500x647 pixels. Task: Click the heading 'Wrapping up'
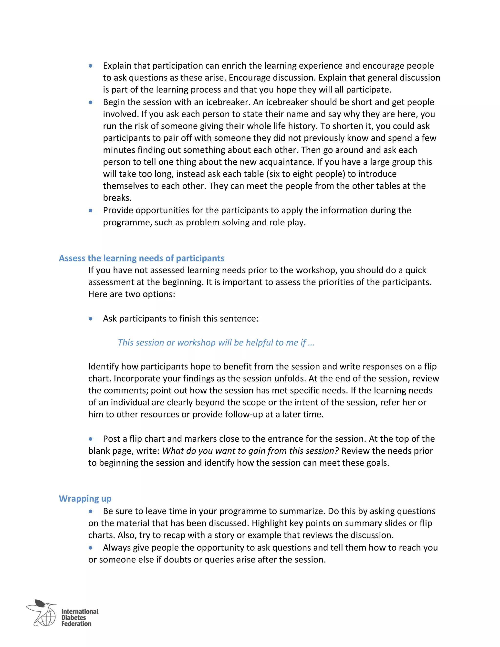(85, 499)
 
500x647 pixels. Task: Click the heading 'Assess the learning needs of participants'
(141, 258)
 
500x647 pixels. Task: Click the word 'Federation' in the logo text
(76, 624)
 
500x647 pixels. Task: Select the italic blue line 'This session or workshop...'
(216, 343)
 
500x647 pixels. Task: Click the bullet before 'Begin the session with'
(91, 103)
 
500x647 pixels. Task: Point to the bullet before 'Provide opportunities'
(91, 211)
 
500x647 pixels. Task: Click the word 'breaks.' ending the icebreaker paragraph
(117, 198)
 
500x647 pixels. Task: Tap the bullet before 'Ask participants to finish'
(91, 319)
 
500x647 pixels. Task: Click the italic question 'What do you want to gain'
(250, 451)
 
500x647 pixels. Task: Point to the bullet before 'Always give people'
(91, 548)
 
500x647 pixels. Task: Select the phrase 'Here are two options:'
(132, 294)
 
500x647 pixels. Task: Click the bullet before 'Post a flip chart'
(91, 439)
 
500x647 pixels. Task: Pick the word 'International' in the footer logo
(80, 611)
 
